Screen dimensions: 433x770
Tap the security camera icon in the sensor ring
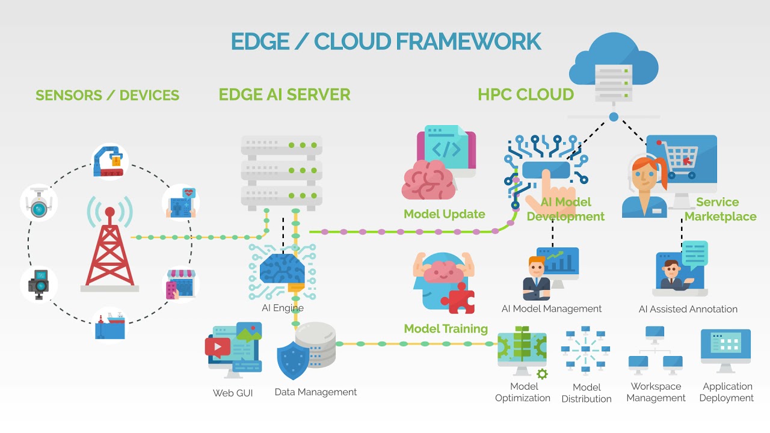[38, 203]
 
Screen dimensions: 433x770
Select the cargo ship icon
[110, 325]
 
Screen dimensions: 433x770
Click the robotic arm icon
[110, 161]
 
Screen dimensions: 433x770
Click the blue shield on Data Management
[292, 360]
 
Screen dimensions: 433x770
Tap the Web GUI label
[233, 393]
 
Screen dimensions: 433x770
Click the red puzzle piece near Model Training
[458, 298]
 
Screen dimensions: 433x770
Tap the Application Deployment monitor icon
[725, 349]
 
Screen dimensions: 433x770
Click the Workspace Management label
[656, 392]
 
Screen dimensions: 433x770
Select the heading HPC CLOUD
[526, 94]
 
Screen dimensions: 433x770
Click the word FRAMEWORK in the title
[468, 41]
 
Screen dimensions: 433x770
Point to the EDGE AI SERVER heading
[284, 94]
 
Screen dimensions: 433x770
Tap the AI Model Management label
[551, 309]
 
